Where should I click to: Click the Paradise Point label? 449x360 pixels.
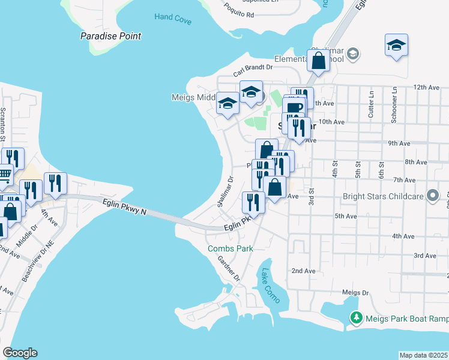click(111, 36)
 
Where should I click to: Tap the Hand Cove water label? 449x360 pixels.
click(172, 18)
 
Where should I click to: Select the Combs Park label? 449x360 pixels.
click(230, 248)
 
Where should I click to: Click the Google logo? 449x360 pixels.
click(20, 353)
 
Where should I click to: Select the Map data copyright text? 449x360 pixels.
click(423, 355)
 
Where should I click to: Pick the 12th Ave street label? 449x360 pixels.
click(427, 88)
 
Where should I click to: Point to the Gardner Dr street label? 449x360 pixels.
click(229, 269)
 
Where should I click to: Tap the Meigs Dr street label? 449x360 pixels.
click(354, 293)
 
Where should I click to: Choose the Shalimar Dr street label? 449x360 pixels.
click(226, 191)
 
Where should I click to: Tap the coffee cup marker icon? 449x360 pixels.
click(294, 108)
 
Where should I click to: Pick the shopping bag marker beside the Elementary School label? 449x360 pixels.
click(318, 60)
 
